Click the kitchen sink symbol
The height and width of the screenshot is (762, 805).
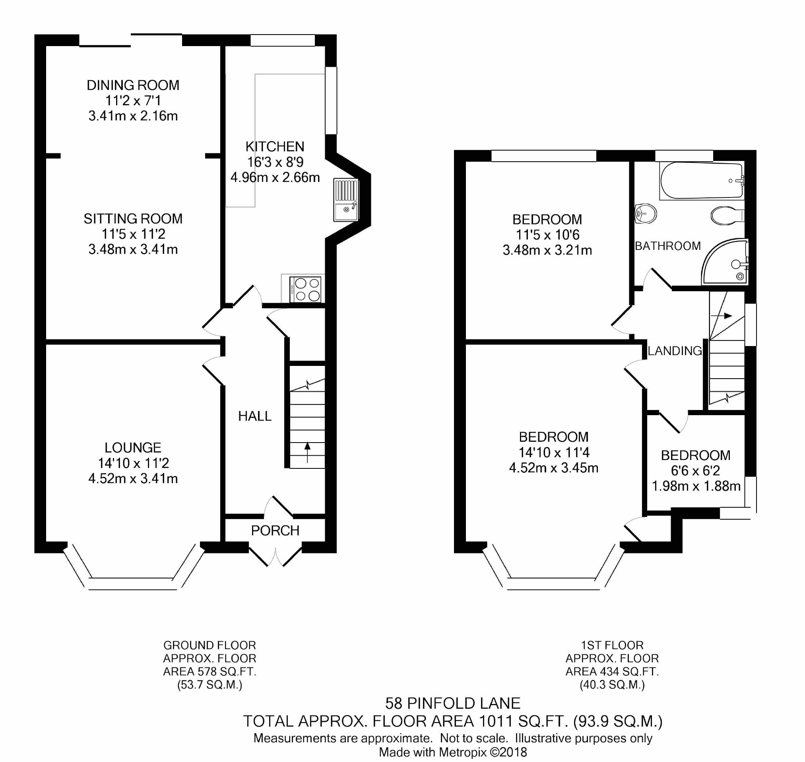(346, 200)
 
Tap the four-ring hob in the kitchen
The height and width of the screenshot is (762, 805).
(305, 289)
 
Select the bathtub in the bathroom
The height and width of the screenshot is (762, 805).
(702, 180)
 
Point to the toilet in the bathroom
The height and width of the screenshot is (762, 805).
(727, 215)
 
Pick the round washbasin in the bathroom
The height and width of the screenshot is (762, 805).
(645, 213)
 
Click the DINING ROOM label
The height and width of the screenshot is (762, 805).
(133, 85)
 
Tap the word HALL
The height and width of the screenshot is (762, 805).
(255, 416)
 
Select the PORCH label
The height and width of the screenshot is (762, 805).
(275, 530)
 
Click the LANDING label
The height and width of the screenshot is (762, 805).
(675, 350)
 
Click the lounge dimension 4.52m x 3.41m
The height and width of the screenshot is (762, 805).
(133, 478)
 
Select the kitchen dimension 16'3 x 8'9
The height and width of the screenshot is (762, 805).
(275, 162)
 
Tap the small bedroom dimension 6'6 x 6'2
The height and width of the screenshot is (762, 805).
(696, 471)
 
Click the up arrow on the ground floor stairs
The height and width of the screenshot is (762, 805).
(307, 452)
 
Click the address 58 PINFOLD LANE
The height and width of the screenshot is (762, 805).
(453, 703)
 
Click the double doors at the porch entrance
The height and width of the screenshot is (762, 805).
(275, 557)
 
